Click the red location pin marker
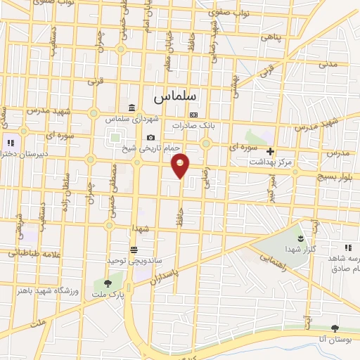tap(181, 165)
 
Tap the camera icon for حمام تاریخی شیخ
tap(150, 138)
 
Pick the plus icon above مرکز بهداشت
tap(270, 150)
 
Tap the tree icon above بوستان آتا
tap(335, 328)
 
